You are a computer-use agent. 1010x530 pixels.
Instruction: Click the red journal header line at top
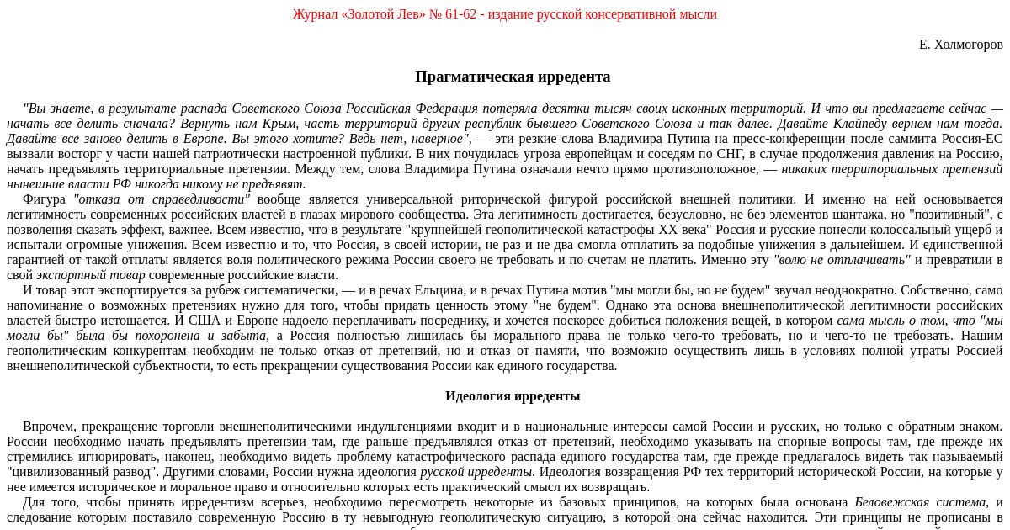pos(504,14)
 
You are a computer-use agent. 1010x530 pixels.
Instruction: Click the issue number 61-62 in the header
pos(457,14)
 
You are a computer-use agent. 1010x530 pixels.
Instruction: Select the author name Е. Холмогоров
pos(960,45)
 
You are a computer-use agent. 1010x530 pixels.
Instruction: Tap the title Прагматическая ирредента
pos(513,77)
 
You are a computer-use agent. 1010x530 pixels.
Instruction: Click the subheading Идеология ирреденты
pos(513,396)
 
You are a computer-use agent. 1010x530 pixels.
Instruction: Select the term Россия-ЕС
pos(969,139)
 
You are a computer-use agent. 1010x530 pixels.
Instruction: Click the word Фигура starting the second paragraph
pos(44,199)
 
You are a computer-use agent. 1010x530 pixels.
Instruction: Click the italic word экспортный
pos(65,275)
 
